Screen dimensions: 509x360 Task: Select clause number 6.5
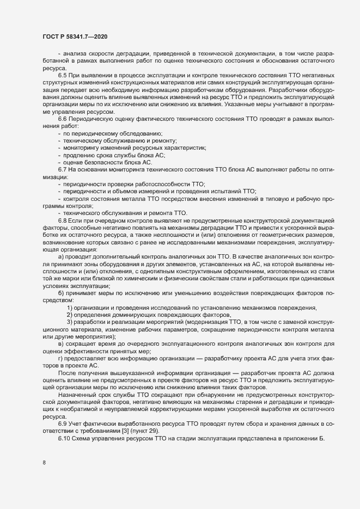pyautogui.click(x=63, y=75)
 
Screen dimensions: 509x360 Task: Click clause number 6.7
pyautogui.click(x=63, y=170)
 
